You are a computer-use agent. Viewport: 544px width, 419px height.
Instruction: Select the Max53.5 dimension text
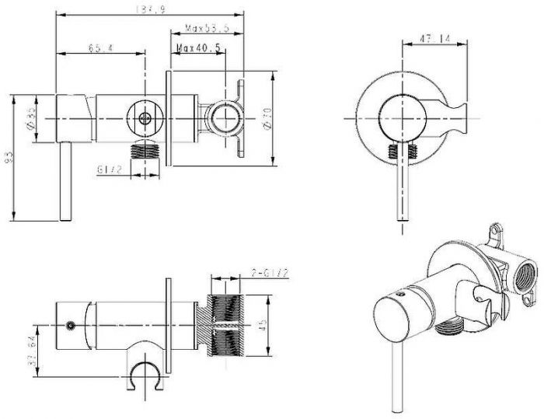pos(206,30)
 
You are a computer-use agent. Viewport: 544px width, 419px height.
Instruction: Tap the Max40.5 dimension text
pos(199,47)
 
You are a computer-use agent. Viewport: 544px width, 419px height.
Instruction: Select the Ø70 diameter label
pos(266,119)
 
